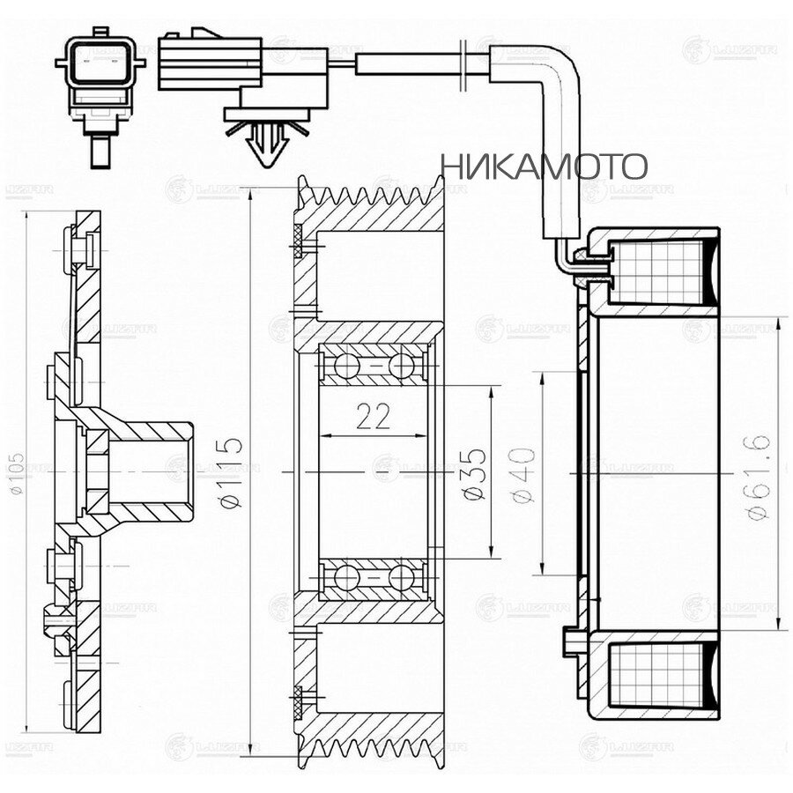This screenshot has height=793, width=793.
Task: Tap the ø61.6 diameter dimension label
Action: (760, 477)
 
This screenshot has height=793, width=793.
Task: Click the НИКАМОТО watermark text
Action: (544, 165)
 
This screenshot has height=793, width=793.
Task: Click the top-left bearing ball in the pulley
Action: (338, 365)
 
